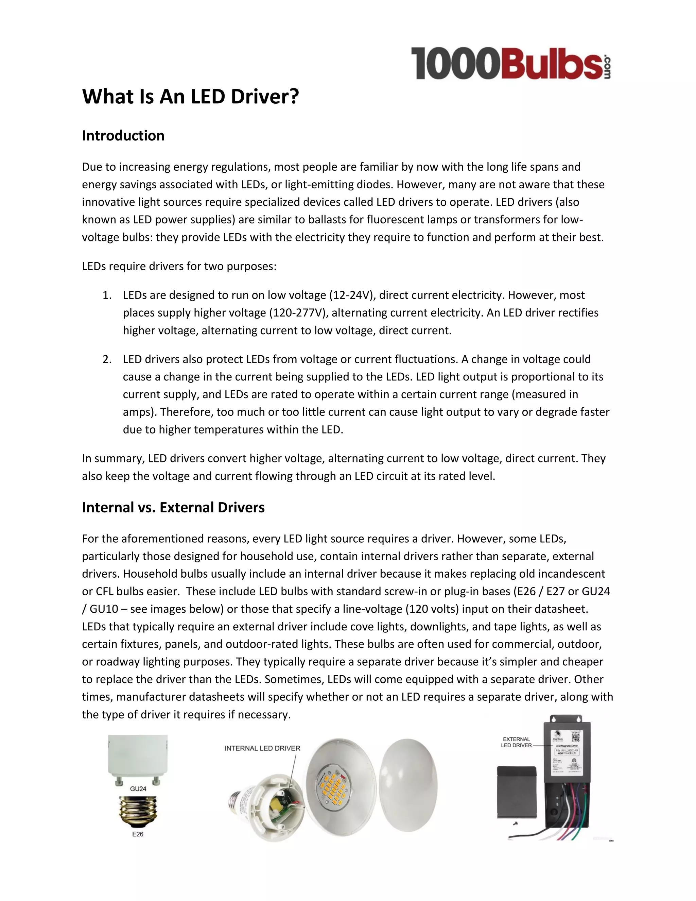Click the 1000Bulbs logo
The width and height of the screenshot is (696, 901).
[510, 63]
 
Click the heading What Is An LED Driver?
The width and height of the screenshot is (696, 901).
[191, 97]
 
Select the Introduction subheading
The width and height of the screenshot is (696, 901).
[123, 136]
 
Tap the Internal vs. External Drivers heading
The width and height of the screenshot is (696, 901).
[173, 507]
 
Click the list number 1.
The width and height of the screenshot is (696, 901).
[107, 295]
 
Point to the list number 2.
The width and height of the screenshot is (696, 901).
[107, 359]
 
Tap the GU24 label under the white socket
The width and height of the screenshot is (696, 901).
[138, 789]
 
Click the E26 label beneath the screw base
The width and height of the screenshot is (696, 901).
[137, 834]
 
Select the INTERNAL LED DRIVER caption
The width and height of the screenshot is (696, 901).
[262, 748]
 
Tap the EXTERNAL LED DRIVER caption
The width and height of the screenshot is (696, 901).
[516, 742]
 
